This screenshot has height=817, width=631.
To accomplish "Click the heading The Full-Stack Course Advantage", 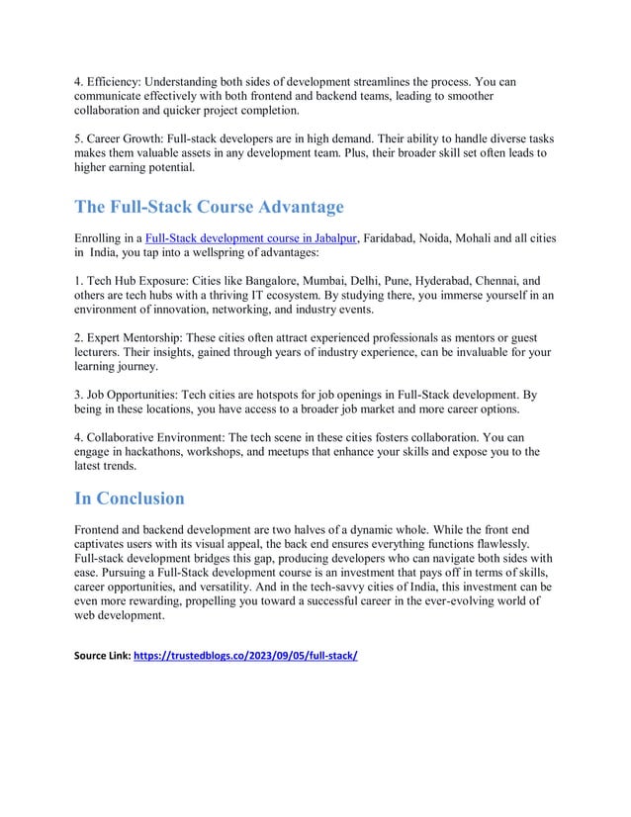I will point(210,208).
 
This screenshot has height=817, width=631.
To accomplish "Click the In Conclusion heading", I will point(130,498).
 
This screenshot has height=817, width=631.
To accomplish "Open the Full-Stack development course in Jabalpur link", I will point(250,238).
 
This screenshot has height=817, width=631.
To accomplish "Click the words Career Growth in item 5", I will point(126,139).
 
